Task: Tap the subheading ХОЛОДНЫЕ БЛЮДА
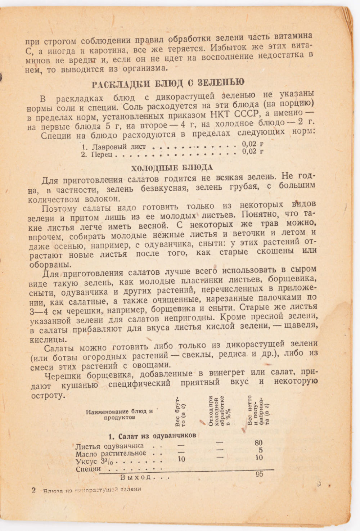[171, 168]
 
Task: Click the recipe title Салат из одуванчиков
[153, 436]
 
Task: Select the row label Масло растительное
[111, 454]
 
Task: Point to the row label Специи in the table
[88, 469]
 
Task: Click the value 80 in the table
[258, 442]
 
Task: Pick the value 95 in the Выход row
[259, 474]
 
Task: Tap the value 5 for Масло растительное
[260, 450]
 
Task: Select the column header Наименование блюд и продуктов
[119, 414]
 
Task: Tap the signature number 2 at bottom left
[34, 490]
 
